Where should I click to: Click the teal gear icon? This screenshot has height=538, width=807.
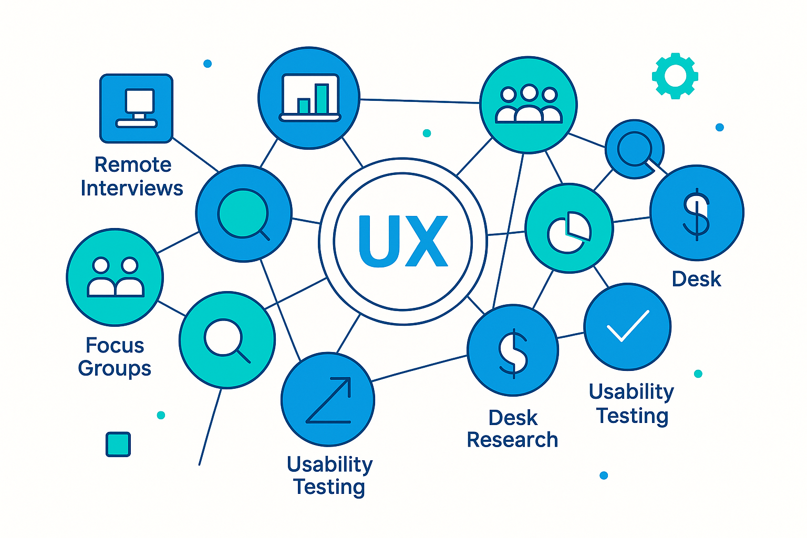(675, 76)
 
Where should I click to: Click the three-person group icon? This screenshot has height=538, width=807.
(529, 105)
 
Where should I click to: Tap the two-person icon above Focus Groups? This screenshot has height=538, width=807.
(115, 277)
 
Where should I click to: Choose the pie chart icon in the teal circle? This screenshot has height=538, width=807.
(569, 231)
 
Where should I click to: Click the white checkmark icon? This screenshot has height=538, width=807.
(628, 326)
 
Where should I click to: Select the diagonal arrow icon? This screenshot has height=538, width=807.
(329, 400)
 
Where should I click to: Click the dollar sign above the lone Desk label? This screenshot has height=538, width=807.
(697, 213)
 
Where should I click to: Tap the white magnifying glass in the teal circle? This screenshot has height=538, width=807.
(226, 339)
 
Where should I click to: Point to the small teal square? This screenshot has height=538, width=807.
(118, 444)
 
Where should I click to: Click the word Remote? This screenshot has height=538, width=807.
(133, 165)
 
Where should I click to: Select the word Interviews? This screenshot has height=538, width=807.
(132, 188)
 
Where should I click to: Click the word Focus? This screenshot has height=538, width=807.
(115, 345)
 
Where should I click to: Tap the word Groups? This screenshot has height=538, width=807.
(115, 368)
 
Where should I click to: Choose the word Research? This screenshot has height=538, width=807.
(512, 440)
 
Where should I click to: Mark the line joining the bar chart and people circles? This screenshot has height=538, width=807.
(420, 101)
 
